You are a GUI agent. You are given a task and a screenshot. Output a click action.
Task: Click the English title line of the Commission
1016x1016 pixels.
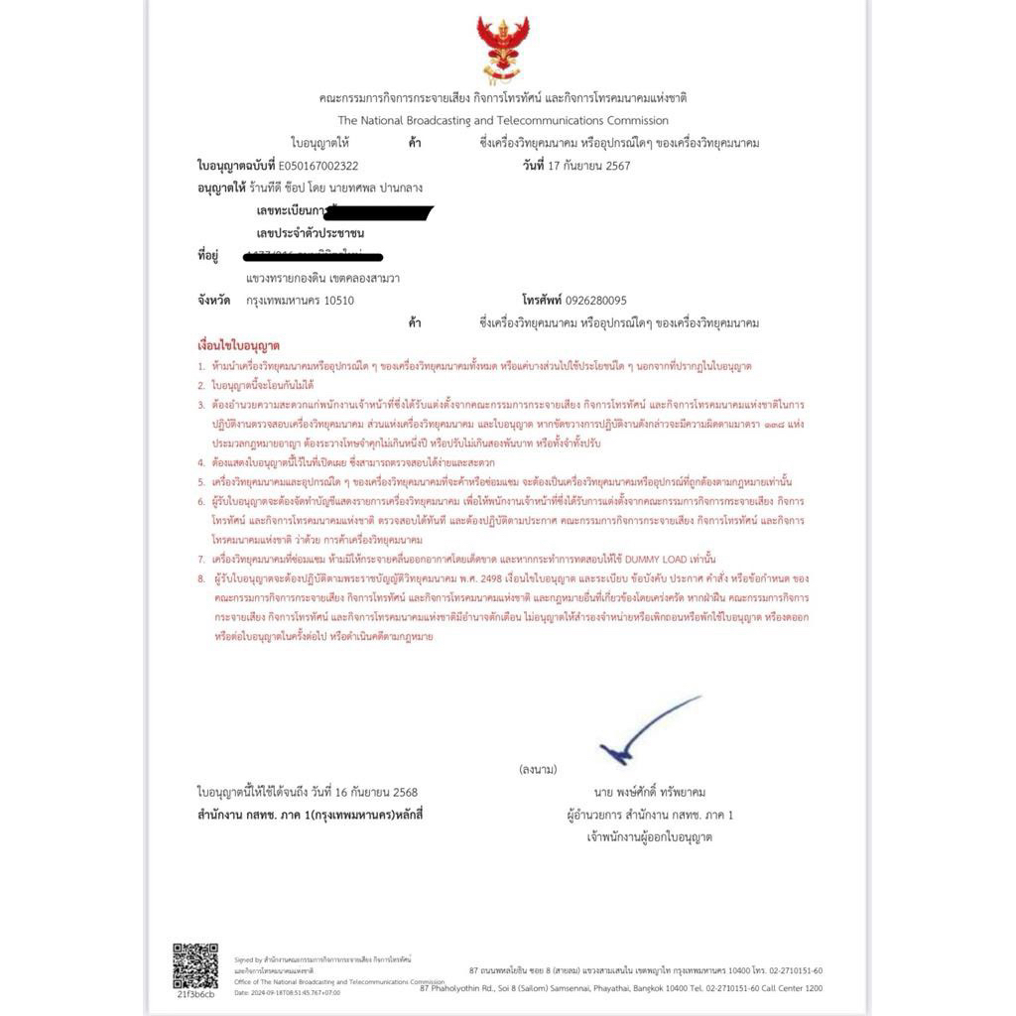tap(503, 120)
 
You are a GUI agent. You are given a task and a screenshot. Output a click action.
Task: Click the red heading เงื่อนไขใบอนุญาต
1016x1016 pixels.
tap(238, 345)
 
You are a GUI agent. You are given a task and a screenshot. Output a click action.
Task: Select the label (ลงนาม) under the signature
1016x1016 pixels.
tap(538, 769)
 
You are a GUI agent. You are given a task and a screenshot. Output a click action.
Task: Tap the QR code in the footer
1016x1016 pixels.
tap(195, 965)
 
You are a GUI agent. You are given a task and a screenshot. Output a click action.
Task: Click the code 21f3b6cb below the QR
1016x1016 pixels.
tap(195, 993)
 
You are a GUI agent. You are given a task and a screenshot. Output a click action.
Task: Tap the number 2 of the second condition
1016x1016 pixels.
tap(200, 384)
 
